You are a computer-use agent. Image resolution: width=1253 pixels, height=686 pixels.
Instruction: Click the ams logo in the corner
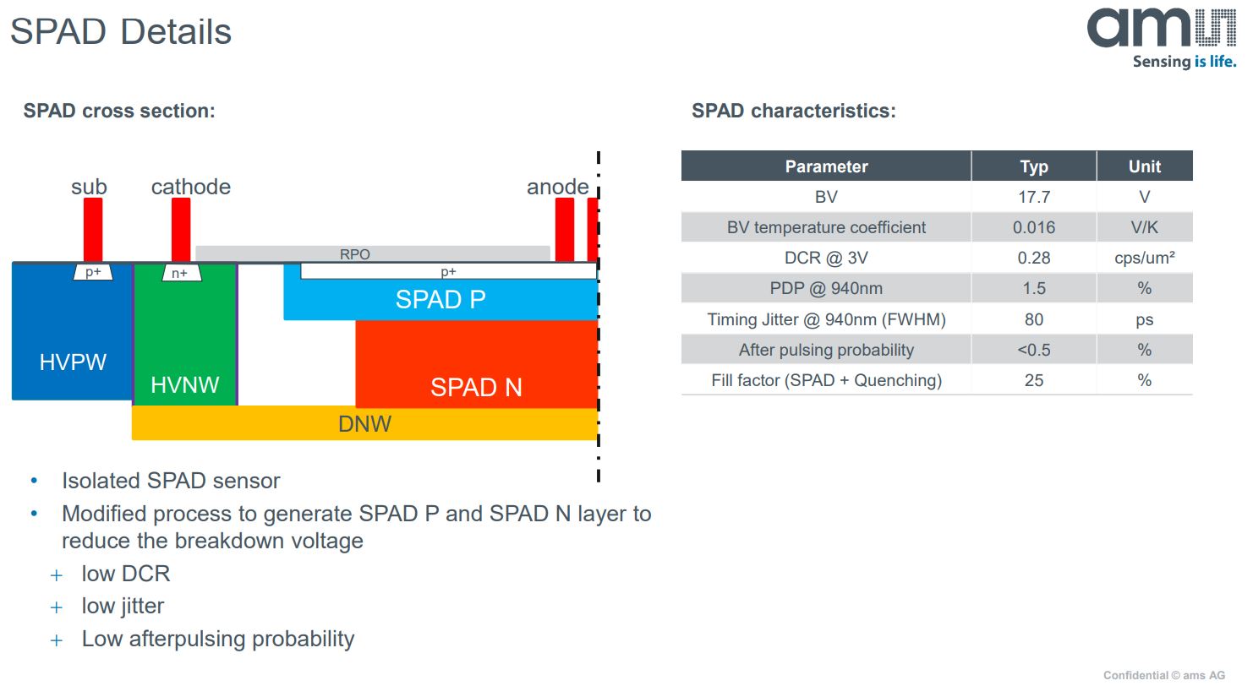[1161, 35]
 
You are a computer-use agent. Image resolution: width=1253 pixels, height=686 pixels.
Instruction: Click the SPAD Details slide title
[120, 32]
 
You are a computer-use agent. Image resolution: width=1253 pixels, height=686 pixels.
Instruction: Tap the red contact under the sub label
[92, 230]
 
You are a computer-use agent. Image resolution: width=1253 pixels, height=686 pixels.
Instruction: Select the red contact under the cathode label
[180, 230]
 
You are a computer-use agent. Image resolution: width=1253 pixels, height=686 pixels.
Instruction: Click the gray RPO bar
[372, 253]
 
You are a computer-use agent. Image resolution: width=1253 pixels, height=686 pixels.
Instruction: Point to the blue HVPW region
[73, 338]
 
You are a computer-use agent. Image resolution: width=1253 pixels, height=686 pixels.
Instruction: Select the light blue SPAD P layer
[440, 300]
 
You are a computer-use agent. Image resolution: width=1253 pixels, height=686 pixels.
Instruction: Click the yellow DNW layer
[364, 423]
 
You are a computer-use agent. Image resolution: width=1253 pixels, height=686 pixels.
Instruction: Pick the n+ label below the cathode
[181, 273]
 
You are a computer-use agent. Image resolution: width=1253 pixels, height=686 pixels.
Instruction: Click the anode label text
[557, 187]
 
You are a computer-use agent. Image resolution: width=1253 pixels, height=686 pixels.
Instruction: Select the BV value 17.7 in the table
[1033, 197]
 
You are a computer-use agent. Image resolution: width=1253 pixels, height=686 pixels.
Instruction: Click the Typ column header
[1033, 166]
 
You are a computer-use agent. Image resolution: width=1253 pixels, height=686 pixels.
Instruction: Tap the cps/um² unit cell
[1144, 258]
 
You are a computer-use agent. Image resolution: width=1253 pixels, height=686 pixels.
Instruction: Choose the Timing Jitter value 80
[1033, 319]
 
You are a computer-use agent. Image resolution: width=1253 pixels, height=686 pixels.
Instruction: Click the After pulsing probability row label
[826, 350]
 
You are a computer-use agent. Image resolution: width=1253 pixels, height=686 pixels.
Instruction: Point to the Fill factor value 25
[1033, 380]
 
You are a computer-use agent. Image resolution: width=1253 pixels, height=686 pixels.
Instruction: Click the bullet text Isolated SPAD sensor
[171, 481]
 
